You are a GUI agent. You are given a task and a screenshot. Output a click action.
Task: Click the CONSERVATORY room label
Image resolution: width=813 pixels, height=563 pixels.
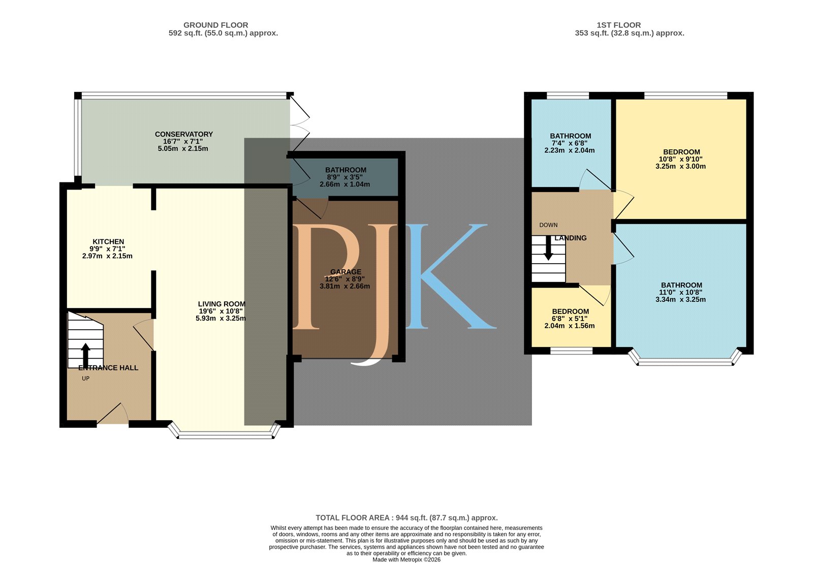(183, 134)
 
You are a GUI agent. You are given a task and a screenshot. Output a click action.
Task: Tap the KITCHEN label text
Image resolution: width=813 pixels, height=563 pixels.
(108, 242)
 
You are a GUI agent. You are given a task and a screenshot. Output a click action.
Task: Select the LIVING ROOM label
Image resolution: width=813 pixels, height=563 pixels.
(222, 304)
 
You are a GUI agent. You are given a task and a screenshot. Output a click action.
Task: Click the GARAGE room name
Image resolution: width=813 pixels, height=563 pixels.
(346, 272)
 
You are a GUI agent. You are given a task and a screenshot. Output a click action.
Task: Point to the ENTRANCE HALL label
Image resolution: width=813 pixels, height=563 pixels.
(108, 368)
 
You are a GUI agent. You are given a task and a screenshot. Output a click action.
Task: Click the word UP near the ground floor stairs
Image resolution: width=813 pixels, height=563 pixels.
(86, 379)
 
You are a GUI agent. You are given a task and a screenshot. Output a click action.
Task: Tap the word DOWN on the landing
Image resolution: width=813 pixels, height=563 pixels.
(548, 225)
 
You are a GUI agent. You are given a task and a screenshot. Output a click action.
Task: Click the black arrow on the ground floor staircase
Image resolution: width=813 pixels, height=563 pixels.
(85, 355)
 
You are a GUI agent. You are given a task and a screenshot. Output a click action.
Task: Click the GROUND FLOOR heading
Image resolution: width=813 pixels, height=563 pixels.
(215, 25)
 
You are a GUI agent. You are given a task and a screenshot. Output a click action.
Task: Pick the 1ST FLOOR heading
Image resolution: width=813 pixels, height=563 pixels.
(619, 25)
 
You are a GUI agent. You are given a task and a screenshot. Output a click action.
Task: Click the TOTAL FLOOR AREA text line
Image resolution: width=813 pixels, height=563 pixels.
(407, 518)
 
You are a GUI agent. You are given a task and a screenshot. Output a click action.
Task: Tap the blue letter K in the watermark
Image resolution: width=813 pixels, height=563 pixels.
(450, 276)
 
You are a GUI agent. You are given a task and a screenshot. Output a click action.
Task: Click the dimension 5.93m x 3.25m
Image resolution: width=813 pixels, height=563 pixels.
(221, 319)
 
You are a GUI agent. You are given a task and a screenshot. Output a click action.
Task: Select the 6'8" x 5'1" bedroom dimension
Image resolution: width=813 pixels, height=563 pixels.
(570, 319)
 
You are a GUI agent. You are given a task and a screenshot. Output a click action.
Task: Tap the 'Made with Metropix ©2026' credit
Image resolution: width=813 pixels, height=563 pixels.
(407, 559)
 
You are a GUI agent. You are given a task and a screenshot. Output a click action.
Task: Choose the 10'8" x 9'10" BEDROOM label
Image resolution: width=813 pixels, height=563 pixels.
(681, 152)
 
